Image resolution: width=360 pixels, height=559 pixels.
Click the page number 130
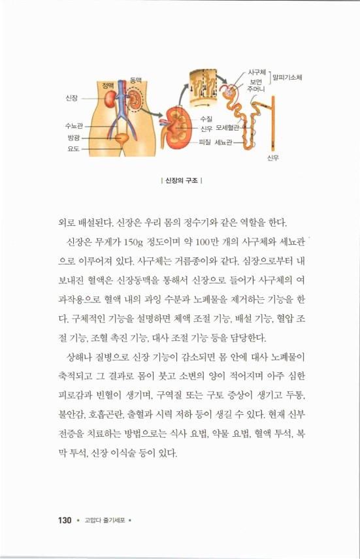[63, 520]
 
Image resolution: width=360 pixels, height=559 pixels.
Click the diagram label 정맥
[109, 85]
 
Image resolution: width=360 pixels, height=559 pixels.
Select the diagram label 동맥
[136, 79]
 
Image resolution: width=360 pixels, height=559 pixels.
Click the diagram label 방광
[73, 137]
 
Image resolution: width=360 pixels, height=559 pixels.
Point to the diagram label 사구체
[256, 71]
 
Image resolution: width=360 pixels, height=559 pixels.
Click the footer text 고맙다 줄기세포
[104, 520]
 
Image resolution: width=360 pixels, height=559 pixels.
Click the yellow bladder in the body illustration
[122, 138]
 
